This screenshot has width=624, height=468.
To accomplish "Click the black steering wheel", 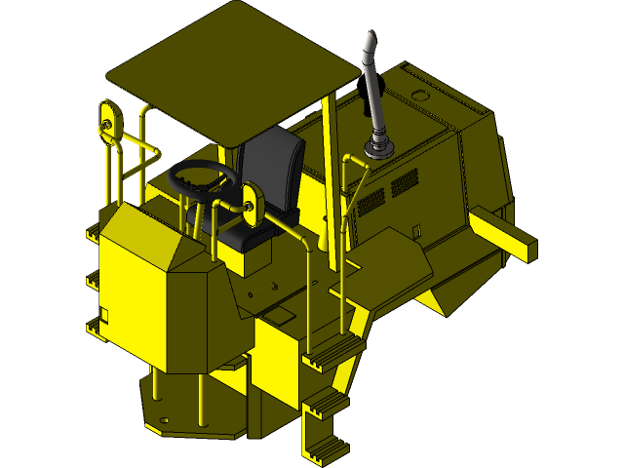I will coord(204,178).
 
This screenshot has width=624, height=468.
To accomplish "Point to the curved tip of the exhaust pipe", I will coord(370,44).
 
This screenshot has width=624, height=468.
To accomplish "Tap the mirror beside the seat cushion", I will coord(251,206).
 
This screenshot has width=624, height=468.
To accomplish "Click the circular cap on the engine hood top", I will coord(420,96).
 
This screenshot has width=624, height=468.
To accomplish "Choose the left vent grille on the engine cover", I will coord(371,202).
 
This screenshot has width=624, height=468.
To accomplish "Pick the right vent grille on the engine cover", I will coord(404,182).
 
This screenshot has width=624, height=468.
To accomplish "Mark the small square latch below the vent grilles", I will coord(416,231).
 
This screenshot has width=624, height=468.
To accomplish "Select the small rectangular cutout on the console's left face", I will coord(104,312).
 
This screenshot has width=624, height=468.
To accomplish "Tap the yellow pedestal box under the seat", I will coord(243,256).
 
